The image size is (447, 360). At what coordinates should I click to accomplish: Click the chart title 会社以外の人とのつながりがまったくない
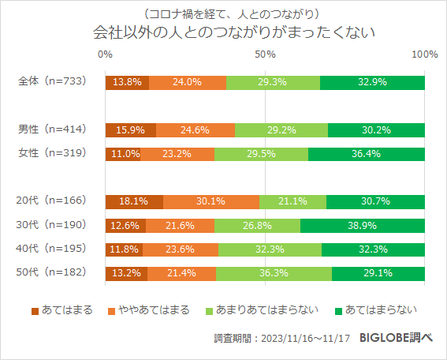pos(223,34)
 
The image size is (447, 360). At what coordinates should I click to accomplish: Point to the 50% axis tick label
pos(265,54)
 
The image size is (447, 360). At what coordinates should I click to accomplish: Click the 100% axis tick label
pos(425,54)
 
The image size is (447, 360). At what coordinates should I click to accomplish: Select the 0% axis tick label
pos(105,54)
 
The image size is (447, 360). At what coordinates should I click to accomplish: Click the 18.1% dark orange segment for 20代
pos(133,202)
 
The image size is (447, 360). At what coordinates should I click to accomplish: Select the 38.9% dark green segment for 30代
pos(363,226)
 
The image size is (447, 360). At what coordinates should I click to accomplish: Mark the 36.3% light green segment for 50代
pos(274,274)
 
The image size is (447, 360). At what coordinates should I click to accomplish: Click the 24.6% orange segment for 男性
pos(195,130)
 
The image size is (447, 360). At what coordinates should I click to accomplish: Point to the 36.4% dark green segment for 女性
pos(367,154)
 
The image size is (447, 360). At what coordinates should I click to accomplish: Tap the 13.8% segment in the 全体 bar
pos(126,82)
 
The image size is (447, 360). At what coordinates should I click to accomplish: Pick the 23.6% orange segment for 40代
pos(180,250)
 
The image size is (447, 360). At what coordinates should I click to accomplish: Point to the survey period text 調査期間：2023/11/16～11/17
pos(281,338)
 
